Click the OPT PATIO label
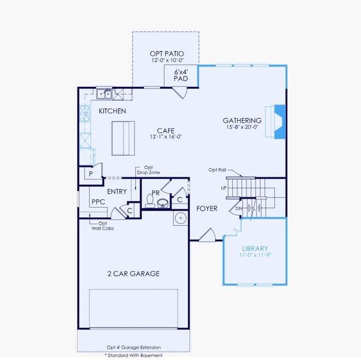point(166,54)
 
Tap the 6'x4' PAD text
point(180,75)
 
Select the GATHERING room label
point(242,120)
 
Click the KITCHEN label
point(112,111)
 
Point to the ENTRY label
point(117,191)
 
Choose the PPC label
point(98,203)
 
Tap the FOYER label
point(206,209)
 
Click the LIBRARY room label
point(254,248)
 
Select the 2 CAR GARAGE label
point(133,274)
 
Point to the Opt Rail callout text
point(217,170)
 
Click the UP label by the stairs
point(224,188)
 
